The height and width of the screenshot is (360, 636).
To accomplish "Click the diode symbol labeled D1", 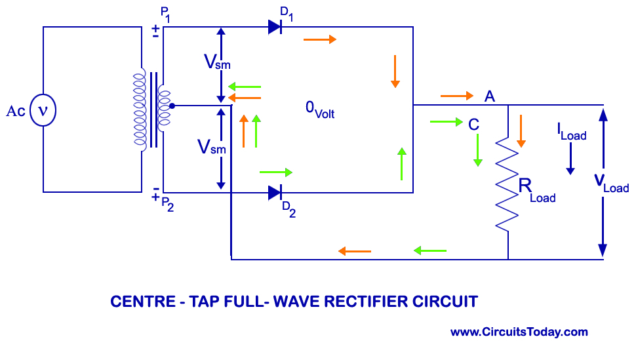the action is [x=275, y=27].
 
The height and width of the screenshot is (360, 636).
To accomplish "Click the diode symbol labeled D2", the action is [x=275, y=193].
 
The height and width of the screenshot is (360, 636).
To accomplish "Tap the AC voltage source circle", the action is [x=43, y=110].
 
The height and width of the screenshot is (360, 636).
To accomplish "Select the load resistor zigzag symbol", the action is [x=507, y=184].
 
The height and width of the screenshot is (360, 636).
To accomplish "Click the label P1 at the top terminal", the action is [x=165, y=14].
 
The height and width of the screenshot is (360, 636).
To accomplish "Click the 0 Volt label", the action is [x=320, y=110].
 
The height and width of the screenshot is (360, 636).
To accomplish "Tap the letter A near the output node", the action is [x=490, y=96].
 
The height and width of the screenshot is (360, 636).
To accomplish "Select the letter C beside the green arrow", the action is [x=474, y=125].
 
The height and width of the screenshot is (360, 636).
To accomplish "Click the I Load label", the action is [x=572, y=132].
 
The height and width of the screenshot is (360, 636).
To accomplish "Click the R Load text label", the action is [x=537, y=190].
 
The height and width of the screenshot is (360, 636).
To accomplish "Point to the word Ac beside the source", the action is [x=16, y=111].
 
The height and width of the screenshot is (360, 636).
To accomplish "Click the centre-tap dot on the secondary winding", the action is [x=172, y=106].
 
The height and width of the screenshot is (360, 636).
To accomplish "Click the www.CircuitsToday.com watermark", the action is [x=519, y=332].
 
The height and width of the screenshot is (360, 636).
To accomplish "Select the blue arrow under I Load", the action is [x=570, y=159].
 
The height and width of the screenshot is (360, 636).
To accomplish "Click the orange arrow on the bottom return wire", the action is [x=355, y=251].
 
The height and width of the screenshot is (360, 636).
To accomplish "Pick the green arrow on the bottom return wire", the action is [x=430, y=251].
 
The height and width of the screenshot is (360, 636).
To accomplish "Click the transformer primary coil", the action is [x=140, y=110].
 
